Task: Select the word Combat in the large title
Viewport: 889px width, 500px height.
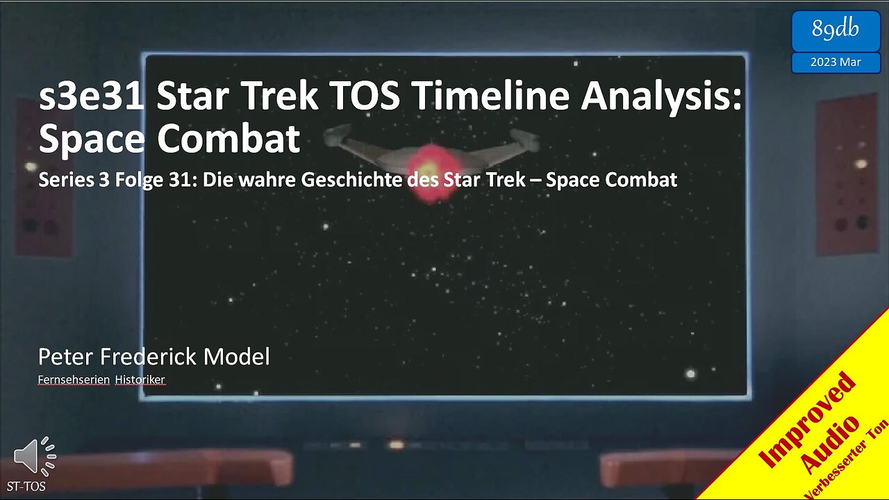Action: pos(229,139)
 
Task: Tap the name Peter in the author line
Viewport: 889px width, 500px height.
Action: pos(65,357)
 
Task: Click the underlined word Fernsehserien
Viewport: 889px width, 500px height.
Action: pos(74,379)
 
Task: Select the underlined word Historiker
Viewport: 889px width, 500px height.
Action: pos(140,379)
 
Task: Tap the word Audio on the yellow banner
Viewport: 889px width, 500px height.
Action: pos(831,442)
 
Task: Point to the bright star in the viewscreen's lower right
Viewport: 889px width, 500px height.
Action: pos(690,374)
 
